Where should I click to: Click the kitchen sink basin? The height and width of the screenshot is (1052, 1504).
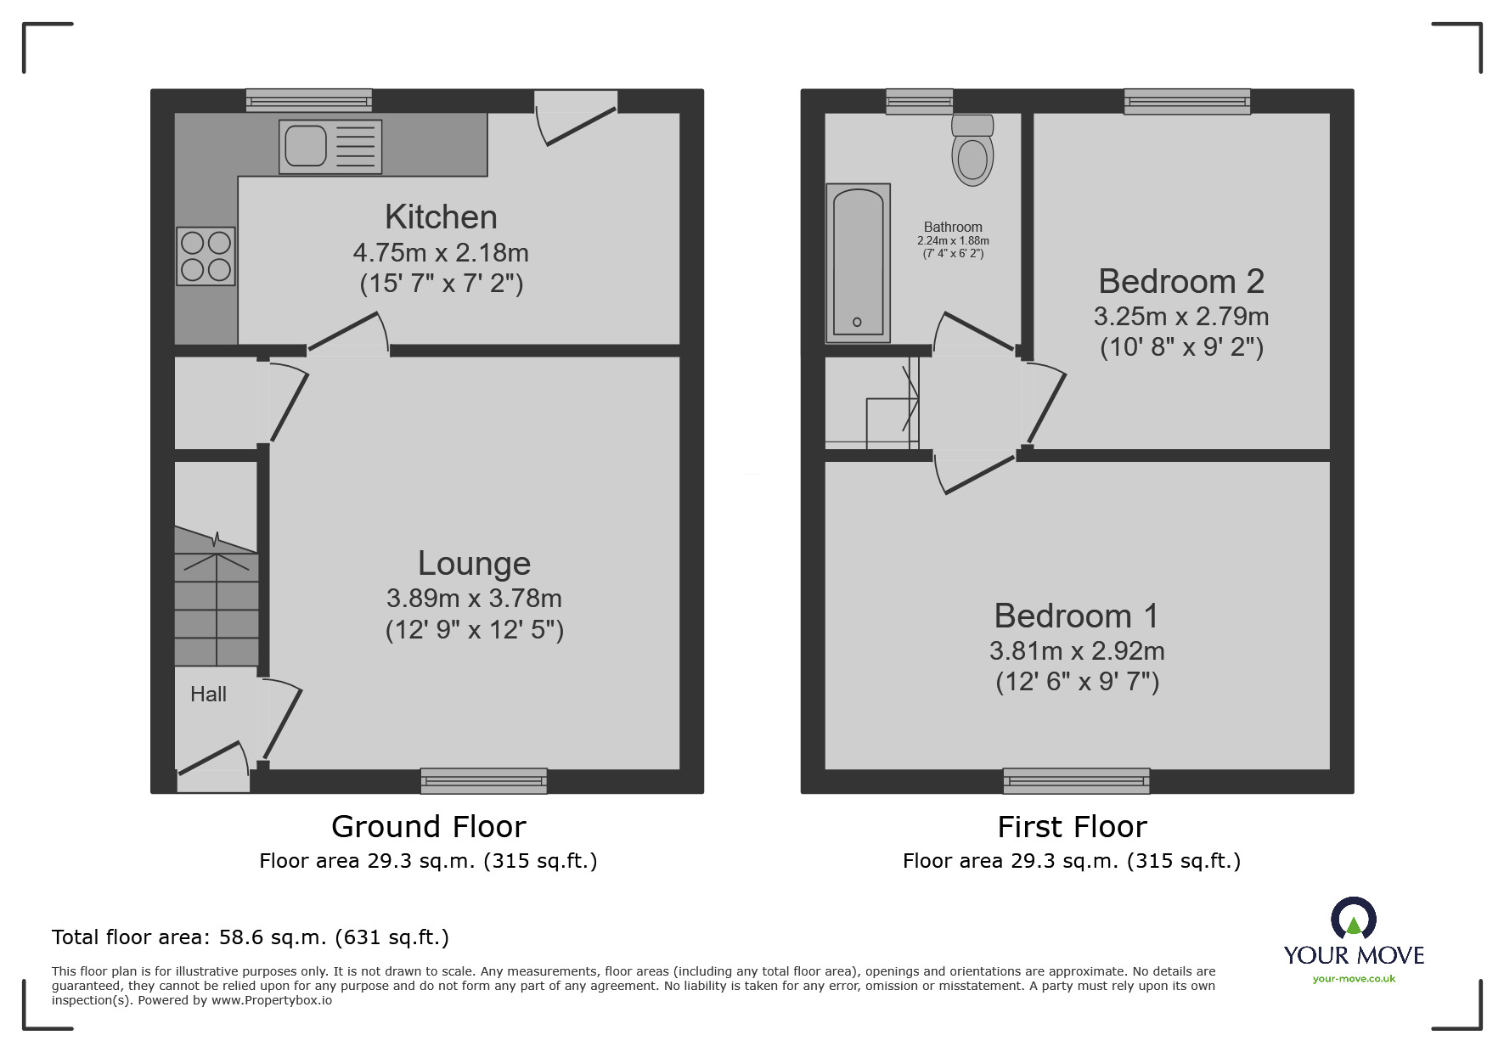click(x=306, y=145)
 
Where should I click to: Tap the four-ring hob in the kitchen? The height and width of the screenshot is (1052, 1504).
click(x=206, y=256)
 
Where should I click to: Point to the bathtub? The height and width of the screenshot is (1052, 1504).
click(x=858, y=262)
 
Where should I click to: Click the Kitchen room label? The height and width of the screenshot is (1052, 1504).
click(x=441, y=217)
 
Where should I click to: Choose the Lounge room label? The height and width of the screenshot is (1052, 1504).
click(x=474, y=564)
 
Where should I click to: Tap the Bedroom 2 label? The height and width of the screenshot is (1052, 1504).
click(x=1181, y=281)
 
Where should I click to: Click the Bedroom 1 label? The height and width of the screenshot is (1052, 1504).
click(x=1076, y=616)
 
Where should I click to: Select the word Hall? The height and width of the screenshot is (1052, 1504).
click(x=208, y=695)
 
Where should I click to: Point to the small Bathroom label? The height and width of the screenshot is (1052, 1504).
click(x=953, y=227)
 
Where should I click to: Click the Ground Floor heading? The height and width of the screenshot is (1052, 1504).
click(x=428, y=826)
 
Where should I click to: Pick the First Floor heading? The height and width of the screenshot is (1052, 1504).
click(x=1072, y=826)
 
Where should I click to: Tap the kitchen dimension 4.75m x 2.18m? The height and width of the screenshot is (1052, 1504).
click(x=441, y=253)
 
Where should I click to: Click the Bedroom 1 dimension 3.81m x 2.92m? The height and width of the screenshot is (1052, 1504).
click(x=1077, y=651)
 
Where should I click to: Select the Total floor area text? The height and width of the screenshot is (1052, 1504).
click(x=251, y=937)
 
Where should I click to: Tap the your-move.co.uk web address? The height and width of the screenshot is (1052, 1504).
click(x=1354, y=979)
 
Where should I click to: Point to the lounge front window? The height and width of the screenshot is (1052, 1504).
click(x=483, y=780)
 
